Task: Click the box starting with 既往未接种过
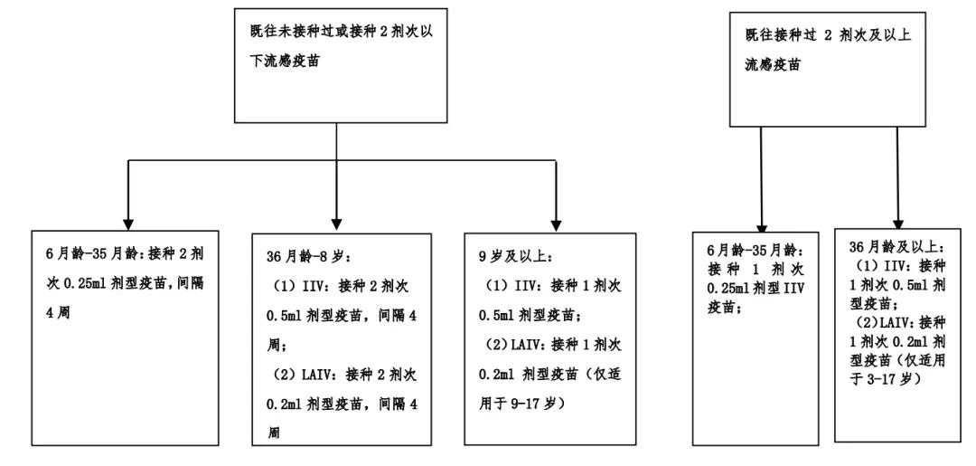click(336, 62)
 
